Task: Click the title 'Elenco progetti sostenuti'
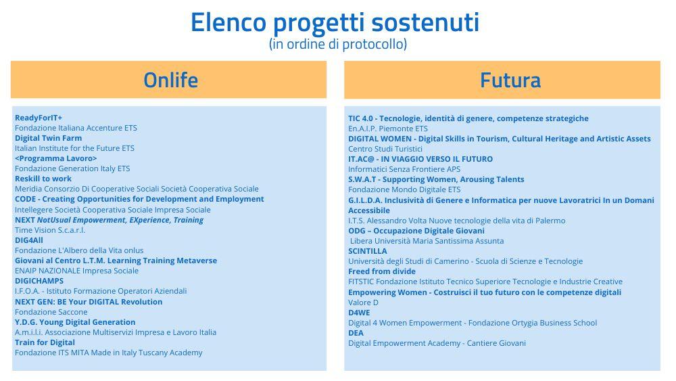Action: pos(335,23)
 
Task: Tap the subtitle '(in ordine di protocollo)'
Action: pos(338,44)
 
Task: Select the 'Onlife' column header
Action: pos(171,81)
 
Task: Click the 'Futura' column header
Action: pos(510,81)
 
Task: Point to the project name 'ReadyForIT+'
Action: pos(39,118)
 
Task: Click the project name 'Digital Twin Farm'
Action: pos(48,138)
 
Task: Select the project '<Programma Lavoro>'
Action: pos(56,158)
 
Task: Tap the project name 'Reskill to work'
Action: pos(43,179)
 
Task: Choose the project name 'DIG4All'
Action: pos(29,240)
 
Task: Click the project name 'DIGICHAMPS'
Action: pos(39,281)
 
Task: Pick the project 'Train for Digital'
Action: pos(45,342)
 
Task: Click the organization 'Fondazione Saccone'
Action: pos(51,312)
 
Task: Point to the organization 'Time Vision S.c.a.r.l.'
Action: pos(50,230)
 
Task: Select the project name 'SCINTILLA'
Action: pos(368,251)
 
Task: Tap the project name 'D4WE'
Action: pos(359,313)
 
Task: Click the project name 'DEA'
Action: pos(356,333)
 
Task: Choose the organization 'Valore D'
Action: pos(364,302)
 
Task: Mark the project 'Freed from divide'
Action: pos(382,271)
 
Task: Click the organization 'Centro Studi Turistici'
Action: pos(385,149)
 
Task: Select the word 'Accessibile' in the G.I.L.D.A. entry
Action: pos(369,210)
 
